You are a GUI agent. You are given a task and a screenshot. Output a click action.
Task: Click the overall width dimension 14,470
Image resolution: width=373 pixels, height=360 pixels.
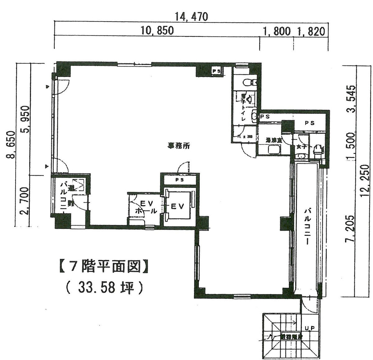click(x=191, y=16)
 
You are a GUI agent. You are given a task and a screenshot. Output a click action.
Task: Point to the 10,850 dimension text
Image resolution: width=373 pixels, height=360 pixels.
click(x=157, y=31)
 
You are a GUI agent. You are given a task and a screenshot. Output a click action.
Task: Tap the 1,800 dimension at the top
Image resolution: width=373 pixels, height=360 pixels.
click(x=277, y=31)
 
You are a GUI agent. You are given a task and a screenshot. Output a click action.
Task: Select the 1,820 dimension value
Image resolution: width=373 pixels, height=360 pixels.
click(x=311, y=31)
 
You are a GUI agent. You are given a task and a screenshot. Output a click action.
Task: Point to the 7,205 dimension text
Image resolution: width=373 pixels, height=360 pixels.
click(x=351, y=228)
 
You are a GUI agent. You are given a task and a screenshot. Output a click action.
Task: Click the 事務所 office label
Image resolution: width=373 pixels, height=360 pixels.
click(x=179, y=145)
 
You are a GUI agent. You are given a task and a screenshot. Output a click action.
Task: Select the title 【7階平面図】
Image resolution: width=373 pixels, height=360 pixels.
click(x=103, y=266)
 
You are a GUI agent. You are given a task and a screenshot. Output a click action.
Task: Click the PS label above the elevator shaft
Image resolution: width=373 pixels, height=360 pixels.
click(x=180, y=180)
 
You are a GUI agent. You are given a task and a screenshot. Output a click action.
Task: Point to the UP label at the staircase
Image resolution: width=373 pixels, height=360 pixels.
click(x=310, y=328)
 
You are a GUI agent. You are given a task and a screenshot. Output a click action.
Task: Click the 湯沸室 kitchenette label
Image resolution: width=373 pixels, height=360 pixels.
click(x=274, y=140)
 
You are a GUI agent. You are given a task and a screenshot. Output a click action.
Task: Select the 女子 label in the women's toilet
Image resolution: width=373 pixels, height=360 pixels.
click(x=302, y=146)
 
